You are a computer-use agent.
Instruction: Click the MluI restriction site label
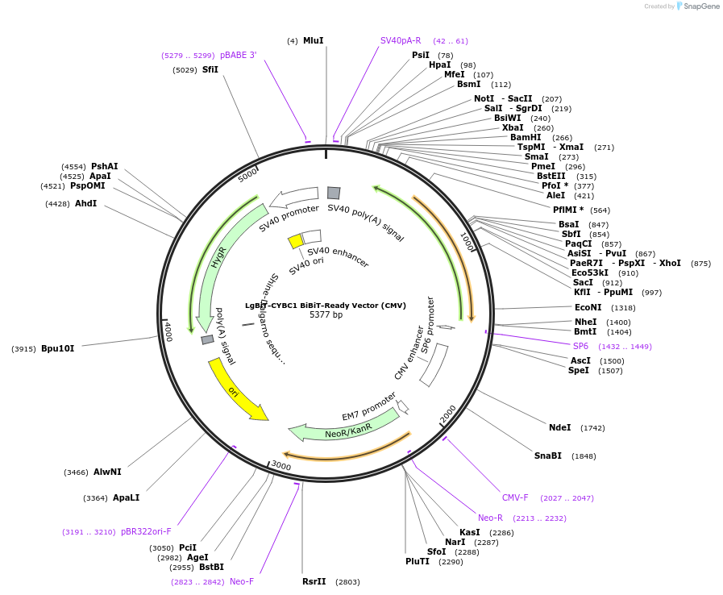(x=313, y=40)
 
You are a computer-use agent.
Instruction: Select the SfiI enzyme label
(x=210, y=70)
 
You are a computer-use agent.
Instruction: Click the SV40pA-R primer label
(x=401, y=40)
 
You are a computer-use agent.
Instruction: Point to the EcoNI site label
(x=588, y=307)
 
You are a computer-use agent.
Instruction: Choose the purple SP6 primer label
(x=580, y=346)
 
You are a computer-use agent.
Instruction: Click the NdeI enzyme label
(x=559, y=428)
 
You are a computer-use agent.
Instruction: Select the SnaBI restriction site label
(x=547, y=456)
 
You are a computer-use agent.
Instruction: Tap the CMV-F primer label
(x=515, y=497)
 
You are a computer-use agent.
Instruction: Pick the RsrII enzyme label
(x=314, y=581)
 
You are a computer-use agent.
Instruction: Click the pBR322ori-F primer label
(x=146, y=531)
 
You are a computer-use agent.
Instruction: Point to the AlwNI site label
(x=107, y=472)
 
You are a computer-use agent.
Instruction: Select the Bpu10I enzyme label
(x=57, y=348)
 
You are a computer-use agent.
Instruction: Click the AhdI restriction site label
(x=85, y=203)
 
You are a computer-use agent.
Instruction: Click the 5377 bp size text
(x=326, y=314)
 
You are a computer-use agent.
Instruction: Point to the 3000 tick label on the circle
(x=280, y=466)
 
